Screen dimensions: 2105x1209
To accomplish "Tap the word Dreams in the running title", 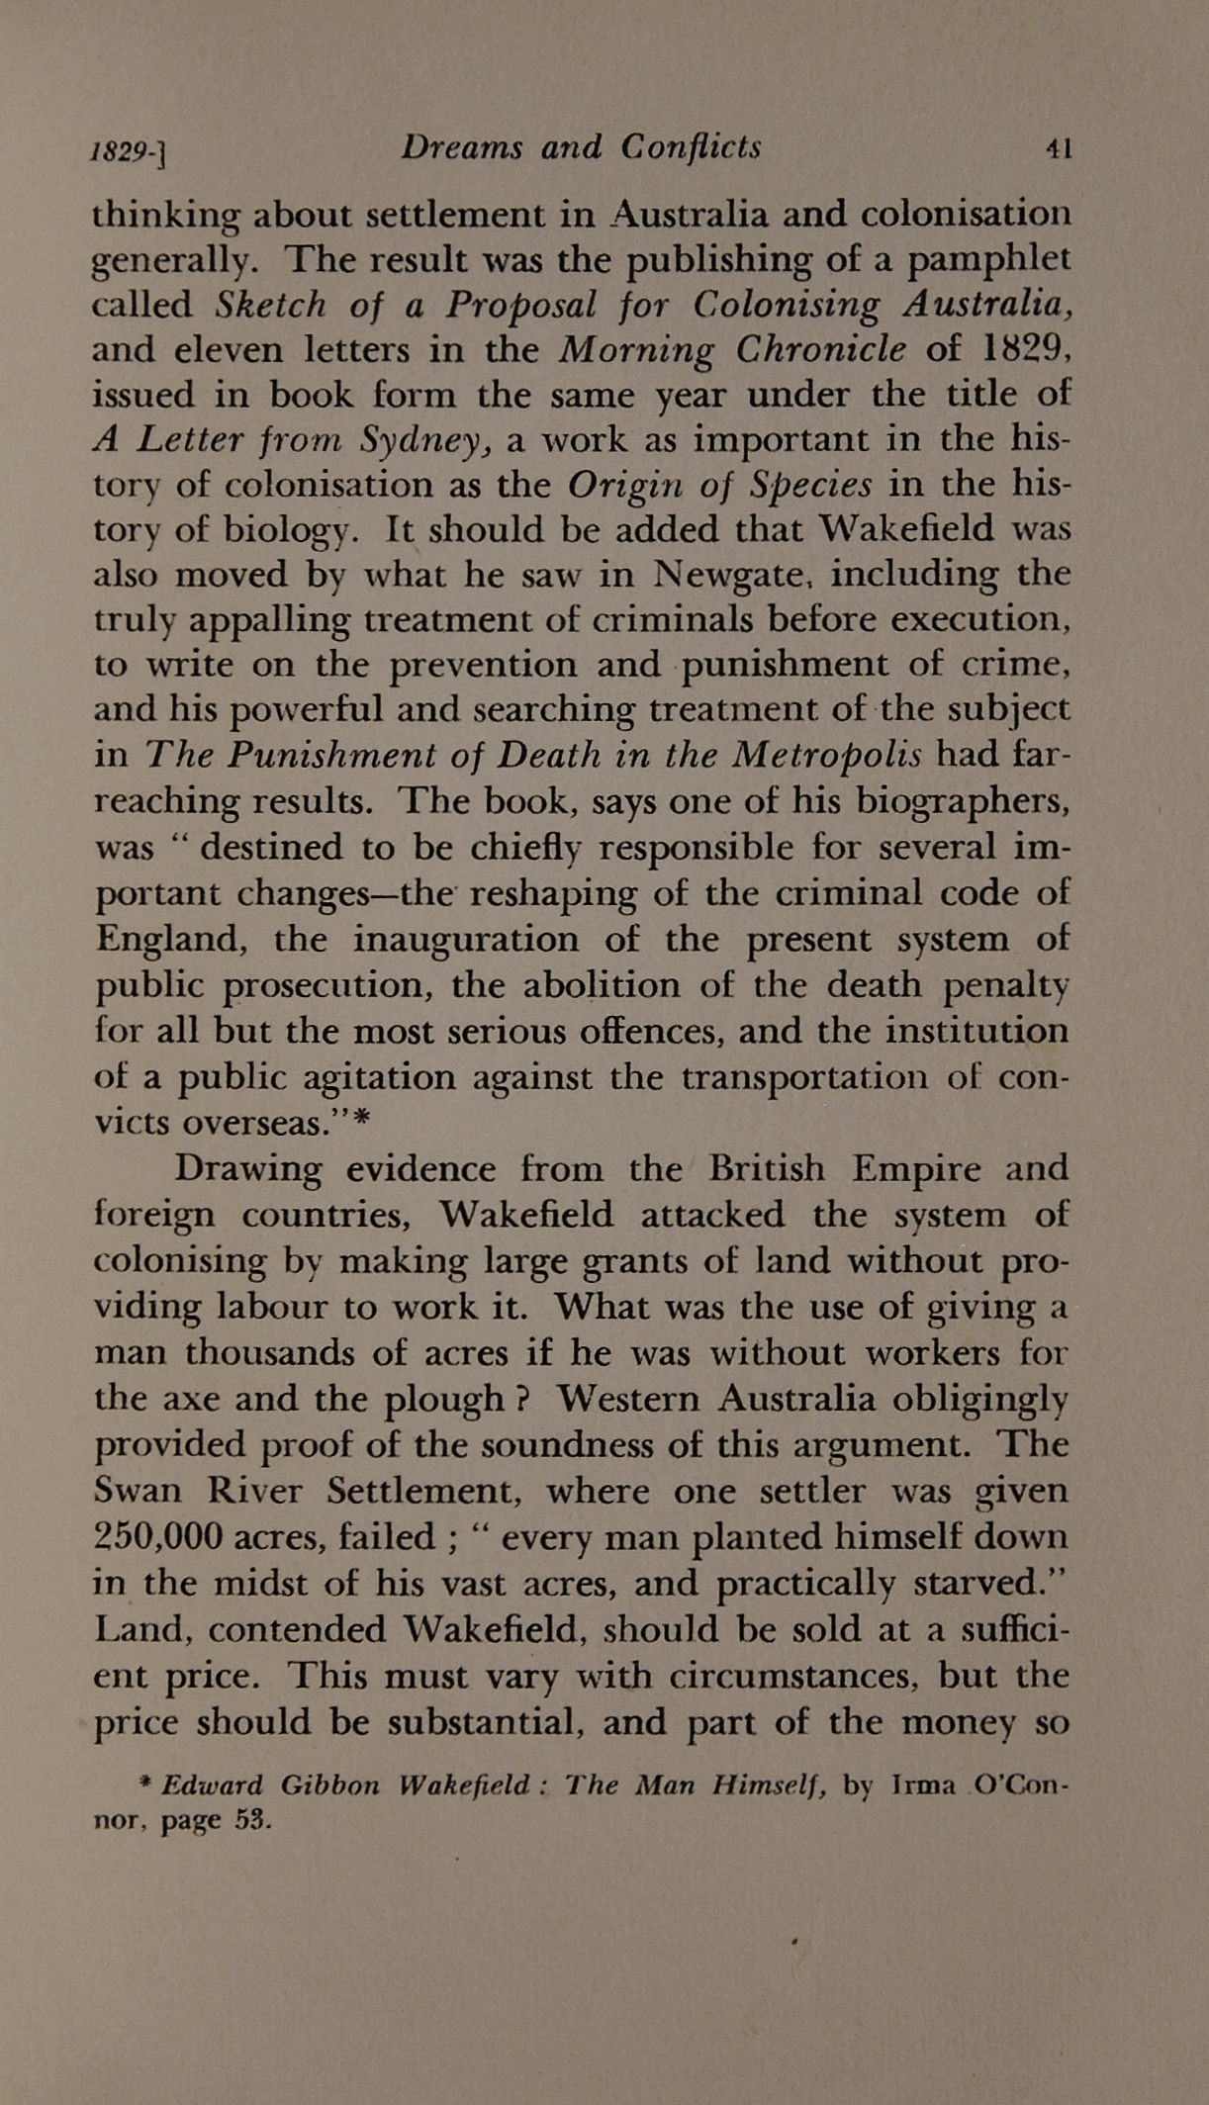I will (461, 147).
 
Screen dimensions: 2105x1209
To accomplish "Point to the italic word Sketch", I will (270, 305).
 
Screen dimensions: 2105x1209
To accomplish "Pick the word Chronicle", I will (832, 349).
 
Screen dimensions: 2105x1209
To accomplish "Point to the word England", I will (169, 938).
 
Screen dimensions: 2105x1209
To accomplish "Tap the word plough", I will (443, 1399).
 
